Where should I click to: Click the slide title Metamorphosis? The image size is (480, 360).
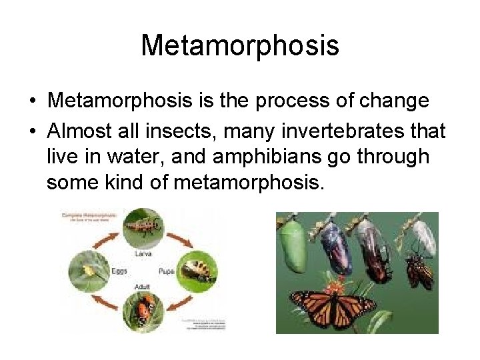(240, 46)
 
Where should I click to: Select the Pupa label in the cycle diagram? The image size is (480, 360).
(167, 271)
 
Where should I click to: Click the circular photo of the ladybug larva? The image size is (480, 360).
(145, 229)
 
